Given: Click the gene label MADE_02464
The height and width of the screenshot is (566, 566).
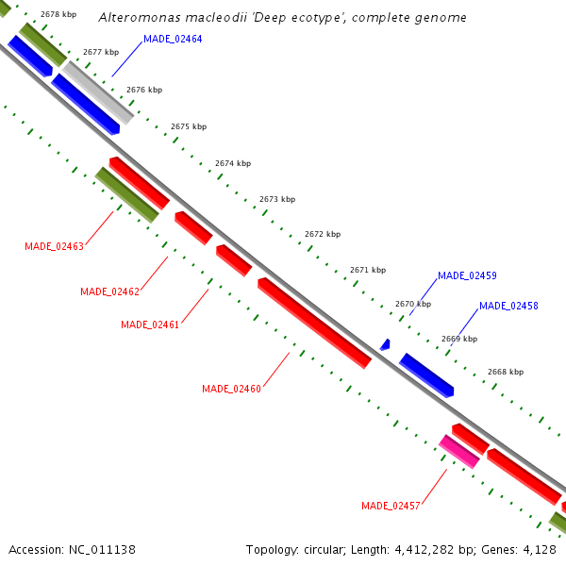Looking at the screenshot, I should pos(173,39).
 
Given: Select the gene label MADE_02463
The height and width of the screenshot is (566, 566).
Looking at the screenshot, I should pos(54,246).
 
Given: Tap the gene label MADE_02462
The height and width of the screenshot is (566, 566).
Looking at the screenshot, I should pos(109,291).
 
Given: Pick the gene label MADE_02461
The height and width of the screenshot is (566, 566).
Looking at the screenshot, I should pos(150,325).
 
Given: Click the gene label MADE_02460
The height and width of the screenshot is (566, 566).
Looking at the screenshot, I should pos(231,389).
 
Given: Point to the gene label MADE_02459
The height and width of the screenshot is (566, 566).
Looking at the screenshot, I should pos(467,275).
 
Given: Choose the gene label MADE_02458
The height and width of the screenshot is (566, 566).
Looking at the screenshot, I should pos(508,306).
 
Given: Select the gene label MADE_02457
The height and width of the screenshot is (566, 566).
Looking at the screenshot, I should pos(391,506).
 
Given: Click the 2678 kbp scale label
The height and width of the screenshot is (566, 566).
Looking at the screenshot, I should pos(58,15).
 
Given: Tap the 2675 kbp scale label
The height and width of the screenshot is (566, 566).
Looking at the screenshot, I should pos(189,126).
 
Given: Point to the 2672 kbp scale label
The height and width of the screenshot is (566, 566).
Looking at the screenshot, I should pos(323,234).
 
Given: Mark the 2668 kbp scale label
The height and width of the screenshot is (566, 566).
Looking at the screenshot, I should pos(505,372).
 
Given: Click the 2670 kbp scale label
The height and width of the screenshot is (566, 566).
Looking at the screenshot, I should pos(413,304).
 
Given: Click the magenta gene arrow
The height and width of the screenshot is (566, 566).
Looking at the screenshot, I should pos(459,452).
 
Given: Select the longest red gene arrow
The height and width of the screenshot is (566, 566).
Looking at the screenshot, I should pos(314,323).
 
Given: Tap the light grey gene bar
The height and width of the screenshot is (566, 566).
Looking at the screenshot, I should pos(98,92).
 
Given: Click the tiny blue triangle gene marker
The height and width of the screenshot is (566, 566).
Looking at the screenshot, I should pos(385,346).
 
